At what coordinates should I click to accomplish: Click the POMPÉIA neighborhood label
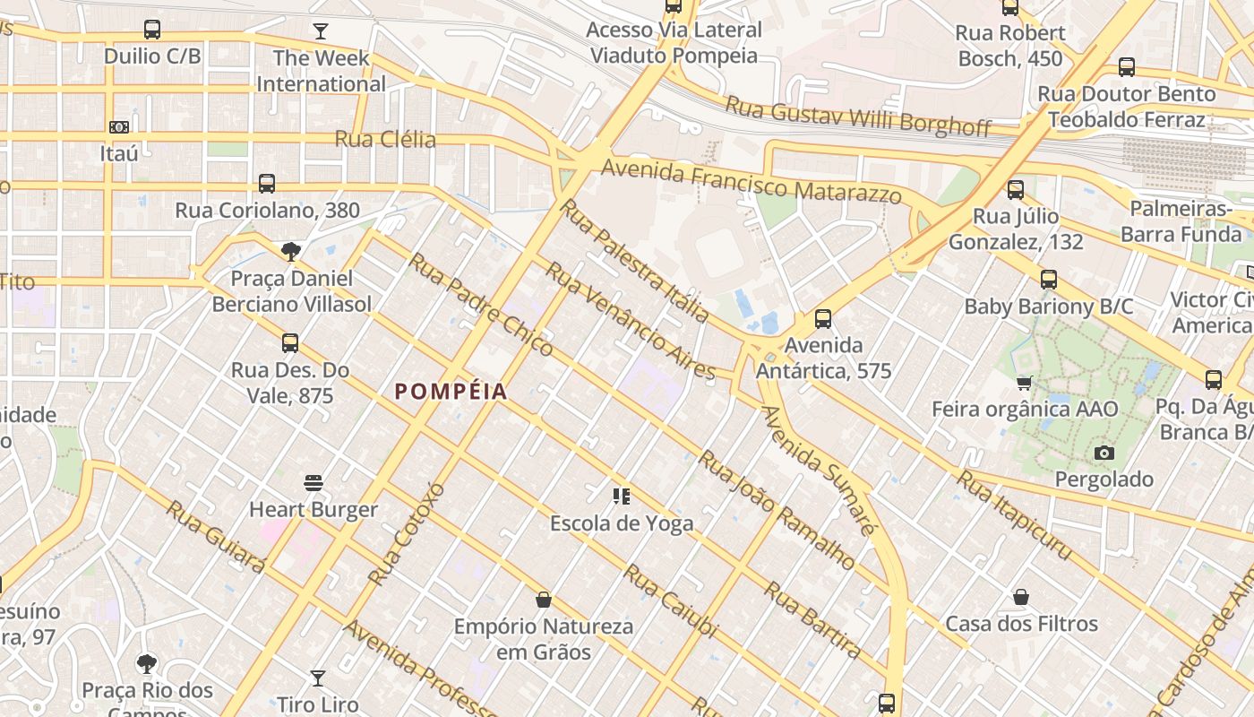[451, 392]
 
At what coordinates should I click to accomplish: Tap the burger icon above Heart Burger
[313, 483]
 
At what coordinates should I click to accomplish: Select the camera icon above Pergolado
[1104, 453]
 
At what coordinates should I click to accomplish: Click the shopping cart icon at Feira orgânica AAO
[1025, 383]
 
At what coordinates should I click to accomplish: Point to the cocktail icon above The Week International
[321, 32]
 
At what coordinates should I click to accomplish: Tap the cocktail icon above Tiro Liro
[317, 678]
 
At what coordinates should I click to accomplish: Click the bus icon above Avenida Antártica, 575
[822, 318]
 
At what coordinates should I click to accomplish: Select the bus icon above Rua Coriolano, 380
[267, 184]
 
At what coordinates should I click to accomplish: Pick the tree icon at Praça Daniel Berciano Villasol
[290, 252]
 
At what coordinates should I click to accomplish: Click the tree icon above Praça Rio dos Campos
[147, 664]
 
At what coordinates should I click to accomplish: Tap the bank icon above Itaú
[119, 127]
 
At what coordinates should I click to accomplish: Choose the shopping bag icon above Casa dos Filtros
[1020, 597]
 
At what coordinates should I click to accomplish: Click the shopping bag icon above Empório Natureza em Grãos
[543, 600]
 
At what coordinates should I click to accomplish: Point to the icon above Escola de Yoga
[621, 496]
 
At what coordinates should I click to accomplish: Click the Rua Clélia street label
[385, 139]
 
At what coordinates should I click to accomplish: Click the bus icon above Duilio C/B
[152, 30]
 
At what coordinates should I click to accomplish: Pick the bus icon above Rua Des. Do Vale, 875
[289, 343]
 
